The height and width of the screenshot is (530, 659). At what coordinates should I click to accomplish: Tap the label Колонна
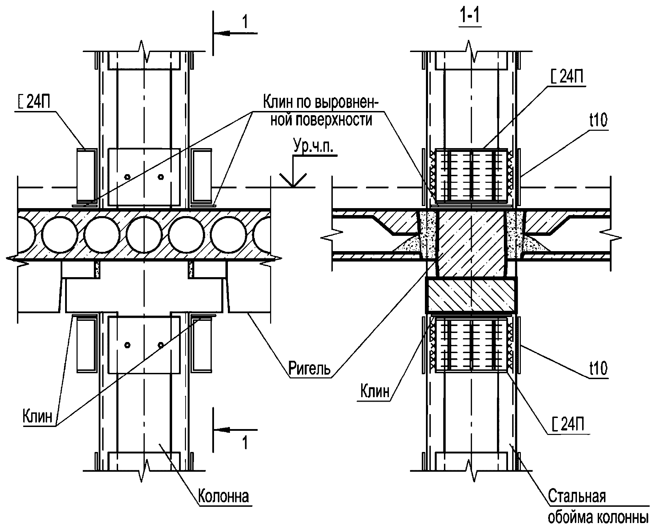click(223, 497)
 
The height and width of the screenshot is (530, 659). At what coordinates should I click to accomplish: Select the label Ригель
click(310, 369)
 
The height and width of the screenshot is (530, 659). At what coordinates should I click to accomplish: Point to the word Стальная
click(577, 496)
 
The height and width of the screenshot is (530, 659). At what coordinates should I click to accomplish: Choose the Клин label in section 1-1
click(375, 391)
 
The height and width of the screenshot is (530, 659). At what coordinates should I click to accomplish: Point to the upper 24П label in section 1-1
click(567, 77)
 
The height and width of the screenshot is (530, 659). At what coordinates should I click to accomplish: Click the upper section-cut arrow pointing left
click(235, 33)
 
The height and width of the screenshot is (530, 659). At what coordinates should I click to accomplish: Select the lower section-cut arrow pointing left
click(235, 430)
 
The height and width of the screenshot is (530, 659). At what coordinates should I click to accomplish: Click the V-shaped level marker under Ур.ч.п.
click(293, 180)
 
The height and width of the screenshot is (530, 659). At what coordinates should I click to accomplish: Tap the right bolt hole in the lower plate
click(161, 345)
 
